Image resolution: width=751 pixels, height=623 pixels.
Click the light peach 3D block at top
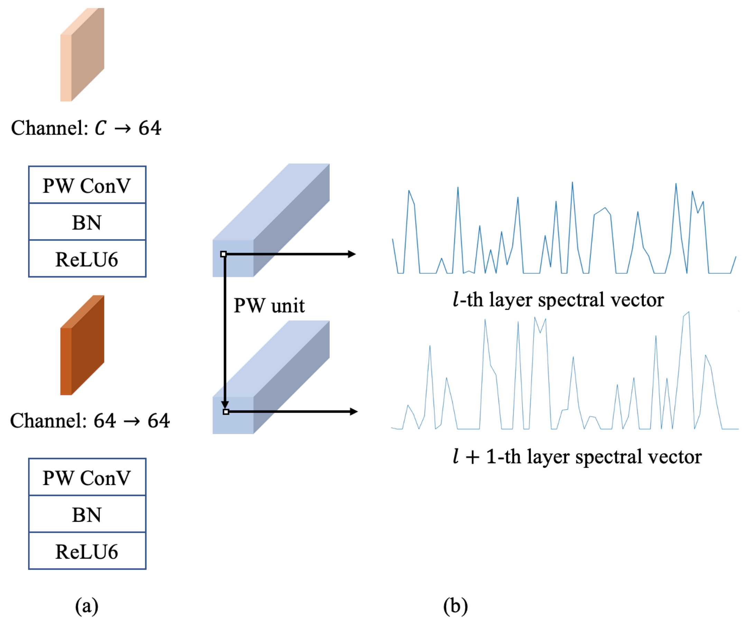(82, 54)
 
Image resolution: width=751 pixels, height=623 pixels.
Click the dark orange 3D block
(82, 345)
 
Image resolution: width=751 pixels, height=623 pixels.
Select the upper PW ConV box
(87, 185)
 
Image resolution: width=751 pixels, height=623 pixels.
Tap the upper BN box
(87, 222)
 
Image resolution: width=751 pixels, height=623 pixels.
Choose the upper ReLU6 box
(87, 259)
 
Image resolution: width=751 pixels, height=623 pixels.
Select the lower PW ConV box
(87, 477)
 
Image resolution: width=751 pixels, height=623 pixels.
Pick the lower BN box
(87, 514)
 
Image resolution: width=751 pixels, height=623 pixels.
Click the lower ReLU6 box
(87, 551)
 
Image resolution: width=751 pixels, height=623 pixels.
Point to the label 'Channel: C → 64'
(86, 128)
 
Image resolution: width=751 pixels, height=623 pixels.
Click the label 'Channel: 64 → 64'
(90, 420)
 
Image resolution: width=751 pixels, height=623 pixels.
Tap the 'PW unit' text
(269, 305)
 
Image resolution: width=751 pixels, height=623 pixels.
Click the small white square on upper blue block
(223, 254)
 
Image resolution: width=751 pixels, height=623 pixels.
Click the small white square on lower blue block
(226, 412)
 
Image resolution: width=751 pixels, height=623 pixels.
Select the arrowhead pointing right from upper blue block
(352, 254)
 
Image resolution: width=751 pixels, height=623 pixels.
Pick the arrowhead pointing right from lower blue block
(354, 412)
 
